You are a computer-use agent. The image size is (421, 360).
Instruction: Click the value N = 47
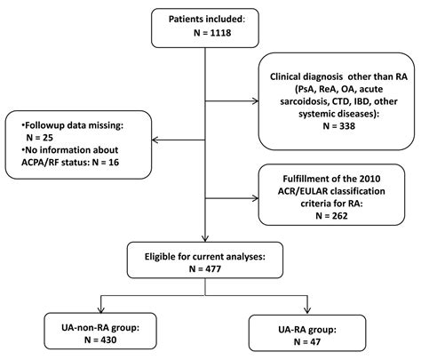[x=311, y=338]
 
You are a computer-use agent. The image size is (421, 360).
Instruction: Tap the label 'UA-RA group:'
[x=311, y=323]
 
